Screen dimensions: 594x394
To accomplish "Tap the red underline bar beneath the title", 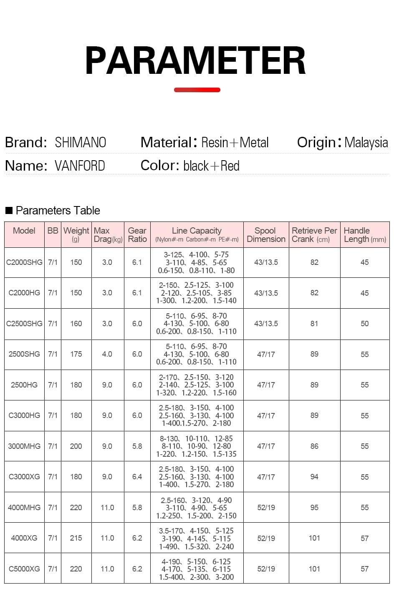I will click(x=197, y=90).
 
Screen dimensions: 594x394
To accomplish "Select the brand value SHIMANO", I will click(x=81, y=143).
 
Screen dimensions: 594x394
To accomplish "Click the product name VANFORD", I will click(x=80, y=166).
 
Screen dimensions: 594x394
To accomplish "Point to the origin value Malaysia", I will click(x=366, y=143).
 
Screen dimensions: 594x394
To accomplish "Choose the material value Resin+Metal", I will click(x=235, y=143).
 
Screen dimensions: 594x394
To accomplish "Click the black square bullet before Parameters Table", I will click(x=9, y=210).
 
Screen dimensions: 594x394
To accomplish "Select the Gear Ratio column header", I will click(x=137, y=235).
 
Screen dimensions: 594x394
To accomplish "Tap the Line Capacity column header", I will click(x=197, y=234).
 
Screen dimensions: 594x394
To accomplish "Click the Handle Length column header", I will click(x=364, y=235).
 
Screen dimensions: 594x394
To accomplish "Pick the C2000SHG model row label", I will click(x=24, y=262).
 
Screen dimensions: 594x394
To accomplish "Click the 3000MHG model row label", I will click(x=24, y=446).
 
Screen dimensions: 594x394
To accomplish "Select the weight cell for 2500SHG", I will click(x=76, y=354).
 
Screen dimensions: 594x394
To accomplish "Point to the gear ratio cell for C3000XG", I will click(x=137, y=477).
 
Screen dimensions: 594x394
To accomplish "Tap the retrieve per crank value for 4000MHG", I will click(x=314, y=508).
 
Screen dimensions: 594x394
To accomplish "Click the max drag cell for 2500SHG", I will click(x=107, y=354).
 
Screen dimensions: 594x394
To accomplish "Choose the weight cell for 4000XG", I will click(x=76, y=538).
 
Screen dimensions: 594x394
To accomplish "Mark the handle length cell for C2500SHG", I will click(x=364, y=324).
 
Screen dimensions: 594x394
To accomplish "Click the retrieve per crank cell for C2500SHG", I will click(x=314, y=324).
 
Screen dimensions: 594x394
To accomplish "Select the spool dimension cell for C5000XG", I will click(x=266, y=569).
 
